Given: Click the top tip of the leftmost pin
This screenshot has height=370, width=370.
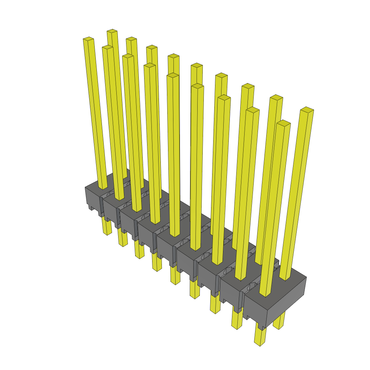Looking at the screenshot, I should (x=89, y=39).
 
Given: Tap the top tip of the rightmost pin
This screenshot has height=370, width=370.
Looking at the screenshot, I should (x=307, y=110).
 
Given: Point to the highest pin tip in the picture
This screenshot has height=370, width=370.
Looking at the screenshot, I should (x=112, y=31).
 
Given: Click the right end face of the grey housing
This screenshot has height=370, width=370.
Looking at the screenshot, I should (x=287, y=302).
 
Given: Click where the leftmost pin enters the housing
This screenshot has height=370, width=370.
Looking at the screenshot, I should (x=103, y=186).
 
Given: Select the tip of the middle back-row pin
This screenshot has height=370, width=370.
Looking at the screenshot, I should (x=197, y=66).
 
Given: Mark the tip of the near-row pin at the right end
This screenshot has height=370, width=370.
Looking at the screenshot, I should (x=284, y=123).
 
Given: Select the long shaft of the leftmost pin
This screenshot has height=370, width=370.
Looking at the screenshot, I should (x=96, y=112).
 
